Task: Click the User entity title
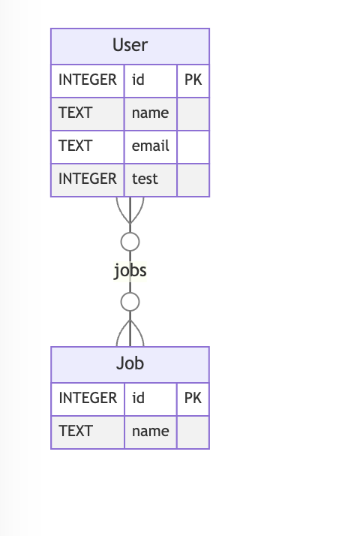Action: click(130, 45)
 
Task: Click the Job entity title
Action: click(130, 363)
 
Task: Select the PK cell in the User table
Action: click(193, 80)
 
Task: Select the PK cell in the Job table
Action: click(193, 398)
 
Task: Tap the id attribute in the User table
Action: click(138, 80)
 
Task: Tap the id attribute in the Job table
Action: click(138, 398)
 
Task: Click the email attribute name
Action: click(150, 146)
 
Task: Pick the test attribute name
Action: click(145, 179)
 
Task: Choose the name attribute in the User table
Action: click(150, 113)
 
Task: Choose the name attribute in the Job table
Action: click(150, 431)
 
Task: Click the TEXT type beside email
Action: click(76, 146)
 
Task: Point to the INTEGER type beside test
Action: click(88, 179)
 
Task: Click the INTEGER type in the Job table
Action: click(88, 398)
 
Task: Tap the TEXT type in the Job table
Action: click(76, 431)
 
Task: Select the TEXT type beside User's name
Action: click(76, 113)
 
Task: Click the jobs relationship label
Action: click(130, 271)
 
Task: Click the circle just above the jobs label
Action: click(130, 233)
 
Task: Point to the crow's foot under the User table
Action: click(130, 210)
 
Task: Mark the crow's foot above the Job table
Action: click(130, 333)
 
